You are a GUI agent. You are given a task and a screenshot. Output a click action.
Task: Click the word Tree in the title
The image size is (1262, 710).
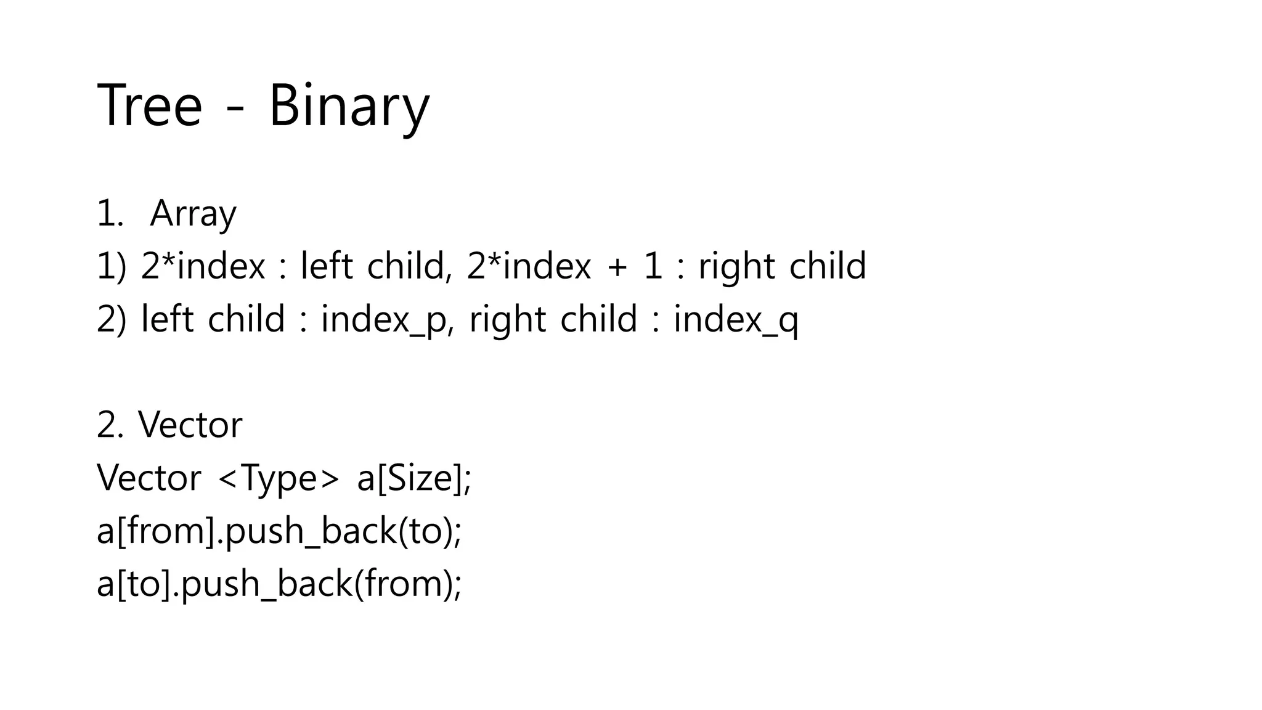[150, 106]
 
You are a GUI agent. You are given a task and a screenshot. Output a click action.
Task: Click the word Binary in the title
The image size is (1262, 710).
[349, 106]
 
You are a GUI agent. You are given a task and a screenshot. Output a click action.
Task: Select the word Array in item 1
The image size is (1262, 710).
[193, 214]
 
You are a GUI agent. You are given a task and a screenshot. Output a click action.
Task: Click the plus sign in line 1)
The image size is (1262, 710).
[617, 267]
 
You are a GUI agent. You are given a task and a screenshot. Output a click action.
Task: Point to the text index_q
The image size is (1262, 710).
[736, 320]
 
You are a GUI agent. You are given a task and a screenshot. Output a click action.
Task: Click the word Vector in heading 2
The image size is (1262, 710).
[190, 425]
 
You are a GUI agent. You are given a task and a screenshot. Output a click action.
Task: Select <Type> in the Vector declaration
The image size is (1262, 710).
[279, 478]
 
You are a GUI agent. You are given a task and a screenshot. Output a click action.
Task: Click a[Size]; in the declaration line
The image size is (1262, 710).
[414, 478]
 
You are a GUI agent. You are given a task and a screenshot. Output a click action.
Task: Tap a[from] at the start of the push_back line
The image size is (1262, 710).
[155, 531]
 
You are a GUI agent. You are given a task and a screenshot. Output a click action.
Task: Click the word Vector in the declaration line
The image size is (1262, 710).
[149, 478]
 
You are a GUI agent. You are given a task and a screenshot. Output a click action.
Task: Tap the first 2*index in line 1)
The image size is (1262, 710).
[203, 267]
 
